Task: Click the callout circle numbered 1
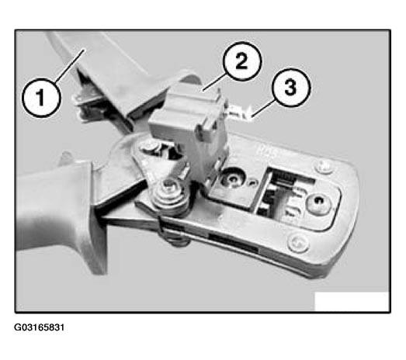42,98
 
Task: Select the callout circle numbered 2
242,61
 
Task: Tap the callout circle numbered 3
291,88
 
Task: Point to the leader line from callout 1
70,66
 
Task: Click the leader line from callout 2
214,82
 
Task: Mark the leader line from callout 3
263,109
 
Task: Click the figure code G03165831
39,327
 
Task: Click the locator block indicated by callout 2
189,130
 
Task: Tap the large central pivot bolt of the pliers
169,193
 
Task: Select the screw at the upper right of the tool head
322,166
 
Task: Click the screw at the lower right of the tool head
298,244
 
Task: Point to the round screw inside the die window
318,202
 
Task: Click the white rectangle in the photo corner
352,301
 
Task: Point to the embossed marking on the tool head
267,151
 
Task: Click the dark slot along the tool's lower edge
233,242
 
